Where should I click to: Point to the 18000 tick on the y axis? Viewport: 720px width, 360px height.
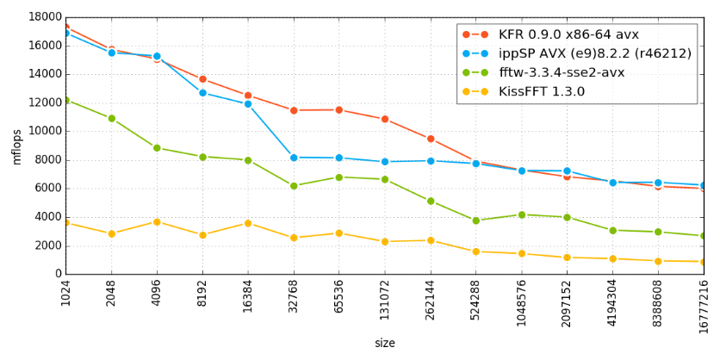tap(45, 17)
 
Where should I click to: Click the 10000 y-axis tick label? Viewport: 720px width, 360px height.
tap(45, 131)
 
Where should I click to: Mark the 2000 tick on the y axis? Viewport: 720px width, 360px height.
tap(48, 245)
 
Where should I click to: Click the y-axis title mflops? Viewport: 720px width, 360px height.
tap(16, 146)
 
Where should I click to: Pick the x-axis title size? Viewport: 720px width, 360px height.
tap(384, 344)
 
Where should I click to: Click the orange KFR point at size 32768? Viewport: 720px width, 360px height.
tap(294, 110)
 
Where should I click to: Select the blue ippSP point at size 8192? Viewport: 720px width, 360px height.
tap(202, 92)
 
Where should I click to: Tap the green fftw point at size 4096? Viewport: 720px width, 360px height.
tap(157, 148)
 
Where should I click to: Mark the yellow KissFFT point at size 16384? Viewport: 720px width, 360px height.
tap(248, 223)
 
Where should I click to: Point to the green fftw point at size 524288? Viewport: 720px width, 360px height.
tap(476, 220)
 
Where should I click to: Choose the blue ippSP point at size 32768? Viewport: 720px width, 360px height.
tap(294, 158)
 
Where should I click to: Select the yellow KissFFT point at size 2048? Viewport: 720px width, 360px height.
tap(111, 233)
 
